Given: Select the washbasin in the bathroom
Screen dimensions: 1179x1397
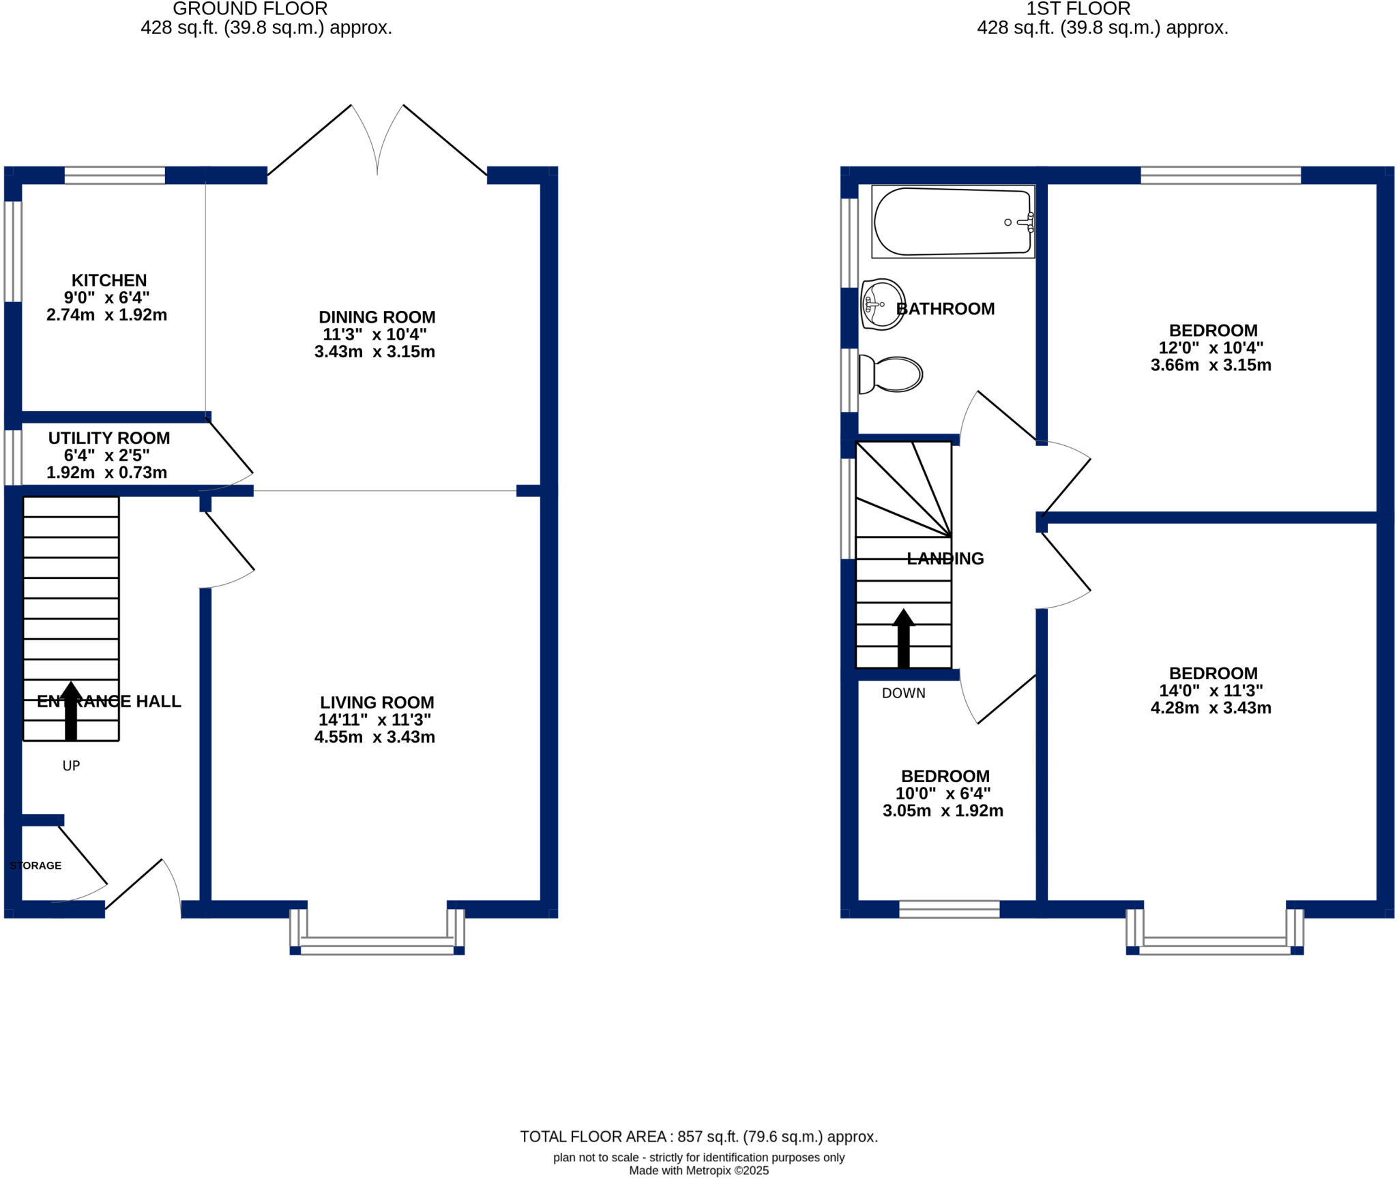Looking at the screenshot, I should point(882,304).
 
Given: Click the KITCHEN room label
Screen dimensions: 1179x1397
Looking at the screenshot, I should point(109,280).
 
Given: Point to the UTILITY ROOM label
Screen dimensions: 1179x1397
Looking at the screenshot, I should point(109,438).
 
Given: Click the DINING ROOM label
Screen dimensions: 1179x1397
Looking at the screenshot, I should point(377,317).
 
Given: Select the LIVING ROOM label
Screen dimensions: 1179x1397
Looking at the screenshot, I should point(377,702).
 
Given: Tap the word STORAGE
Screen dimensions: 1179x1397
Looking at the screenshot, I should point(35,865).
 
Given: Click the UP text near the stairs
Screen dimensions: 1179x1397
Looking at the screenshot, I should point(71,766).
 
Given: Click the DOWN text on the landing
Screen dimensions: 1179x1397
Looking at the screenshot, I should point(903,693).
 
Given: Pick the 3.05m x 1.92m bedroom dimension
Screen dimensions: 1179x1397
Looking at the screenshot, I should point(943,811).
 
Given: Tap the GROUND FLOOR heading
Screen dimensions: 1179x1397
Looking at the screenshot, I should point(250,9).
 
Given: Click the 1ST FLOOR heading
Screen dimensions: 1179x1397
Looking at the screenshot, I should point(1078,9).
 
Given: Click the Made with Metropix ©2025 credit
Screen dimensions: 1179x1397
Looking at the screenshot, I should point(698,1171).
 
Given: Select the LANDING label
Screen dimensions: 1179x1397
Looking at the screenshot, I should point(945,558).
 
